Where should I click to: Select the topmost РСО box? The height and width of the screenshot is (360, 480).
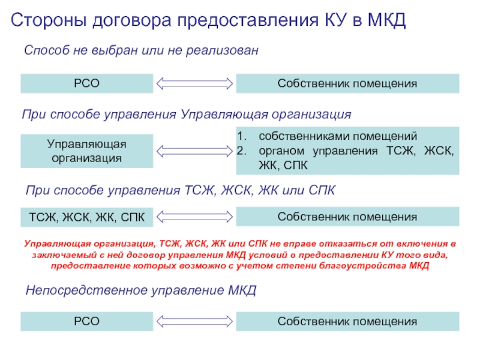click(x=87, y=83)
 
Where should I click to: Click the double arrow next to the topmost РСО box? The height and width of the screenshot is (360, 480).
click(x=194, y=83)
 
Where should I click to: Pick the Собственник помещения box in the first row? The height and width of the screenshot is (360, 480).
click(x=347, y=83)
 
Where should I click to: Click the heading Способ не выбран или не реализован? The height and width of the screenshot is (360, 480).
click(x=141, y=51)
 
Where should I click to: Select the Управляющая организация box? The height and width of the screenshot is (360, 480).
click(x=87, y=151)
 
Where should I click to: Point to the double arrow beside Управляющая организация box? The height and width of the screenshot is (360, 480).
click(x=194, y=151)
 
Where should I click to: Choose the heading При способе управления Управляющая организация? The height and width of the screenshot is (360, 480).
click(x=186, y=114)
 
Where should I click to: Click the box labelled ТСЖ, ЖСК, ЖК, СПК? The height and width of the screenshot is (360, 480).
click(x=87, y=217)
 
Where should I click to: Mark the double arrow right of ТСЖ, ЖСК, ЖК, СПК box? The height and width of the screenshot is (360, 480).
click(x=194, y=216)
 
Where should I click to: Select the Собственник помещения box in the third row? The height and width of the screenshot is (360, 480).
click(x=347, y=216)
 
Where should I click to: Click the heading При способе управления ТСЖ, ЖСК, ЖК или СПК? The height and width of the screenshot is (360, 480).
click(x=180, y=191)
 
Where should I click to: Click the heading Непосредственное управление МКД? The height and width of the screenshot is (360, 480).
click(x=141, y=291)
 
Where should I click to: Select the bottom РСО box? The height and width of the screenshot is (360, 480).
click(x=87, y=321)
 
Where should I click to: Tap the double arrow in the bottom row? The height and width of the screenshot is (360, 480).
click(x=194, y=321)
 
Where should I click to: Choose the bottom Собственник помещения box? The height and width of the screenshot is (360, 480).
click(x=347, y=321)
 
